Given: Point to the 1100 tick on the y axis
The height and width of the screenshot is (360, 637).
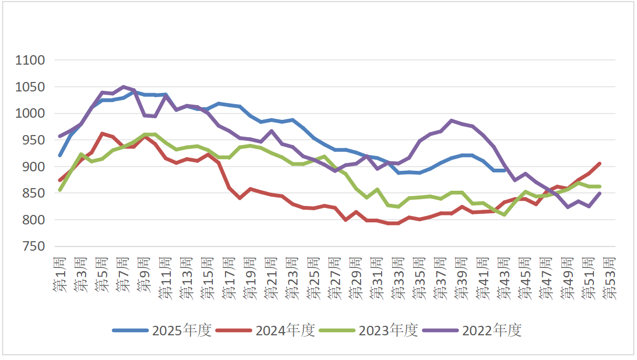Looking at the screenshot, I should tap(30, 60).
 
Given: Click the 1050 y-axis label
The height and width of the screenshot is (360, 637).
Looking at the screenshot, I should tap(30, 87).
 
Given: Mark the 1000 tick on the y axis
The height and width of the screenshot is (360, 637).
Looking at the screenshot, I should tap(30, 114).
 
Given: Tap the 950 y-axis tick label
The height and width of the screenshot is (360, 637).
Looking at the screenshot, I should tap(34, 140).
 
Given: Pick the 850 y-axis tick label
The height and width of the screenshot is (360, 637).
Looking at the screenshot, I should tap(34, 193).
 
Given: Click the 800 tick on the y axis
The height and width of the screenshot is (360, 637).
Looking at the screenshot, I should tap(34, 220).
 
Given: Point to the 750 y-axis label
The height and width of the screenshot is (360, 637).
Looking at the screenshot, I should tap(34, 247).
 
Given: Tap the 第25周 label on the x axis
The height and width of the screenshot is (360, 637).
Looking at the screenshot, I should tap(314, 278).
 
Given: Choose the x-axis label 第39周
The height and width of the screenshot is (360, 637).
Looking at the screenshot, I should tap(461, 278).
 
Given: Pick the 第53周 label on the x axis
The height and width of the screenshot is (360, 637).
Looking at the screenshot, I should tap(609, 278).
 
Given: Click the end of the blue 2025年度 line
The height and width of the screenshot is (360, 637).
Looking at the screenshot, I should tap(504, 170).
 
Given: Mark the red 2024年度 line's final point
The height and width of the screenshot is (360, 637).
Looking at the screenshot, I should tap(599, 163).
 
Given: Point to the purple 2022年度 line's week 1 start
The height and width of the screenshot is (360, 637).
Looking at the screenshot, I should tap(60, 136).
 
